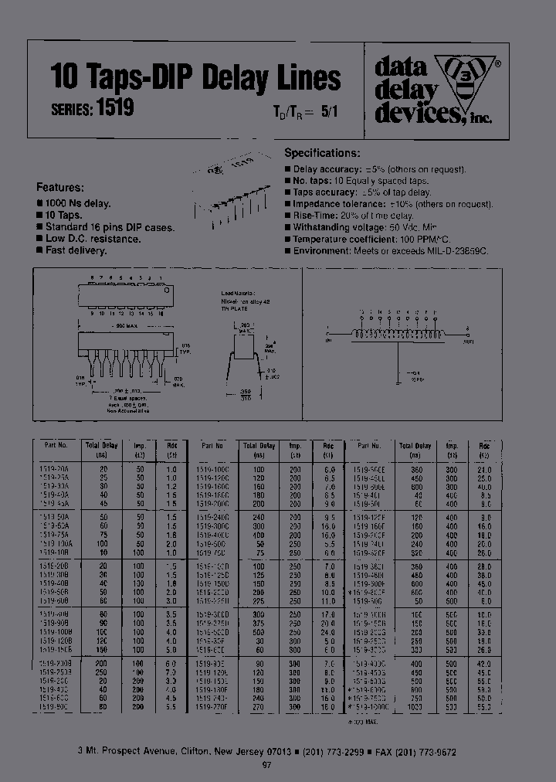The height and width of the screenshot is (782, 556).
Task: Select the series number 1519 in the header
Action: (x=115, y=108)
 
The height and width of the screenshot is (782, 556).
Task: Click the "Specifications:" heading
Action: (x=322, y=154)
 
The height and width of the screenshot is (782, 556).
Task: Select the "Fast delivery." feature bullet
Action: (x=76, y=250)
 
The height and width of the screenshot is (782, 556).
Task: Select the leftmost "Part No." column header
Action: (x=56, y=446)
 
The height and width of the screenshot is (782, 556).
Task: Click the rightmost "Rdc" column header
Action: (x=484, y=446)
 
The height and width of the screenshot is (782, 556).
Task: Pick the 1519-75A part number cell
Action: (x=56, y=535)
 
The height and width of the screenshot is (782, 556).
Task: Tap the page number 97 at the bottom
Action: (x=267, y=765)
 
